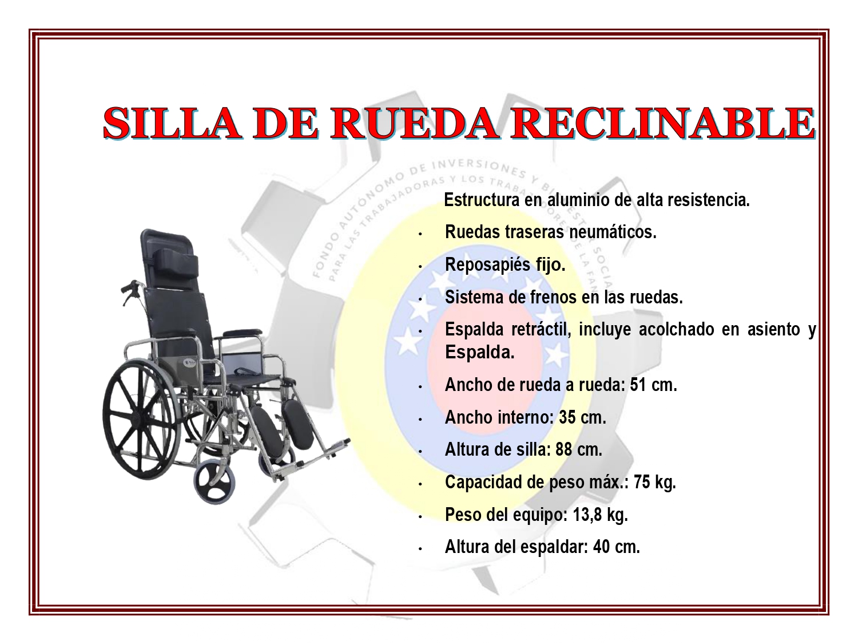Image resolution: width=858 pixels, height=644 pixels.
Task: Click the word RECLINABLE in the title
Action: tap(664, 124)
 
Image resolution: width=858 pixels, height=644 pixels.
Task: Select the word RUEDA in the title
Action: tap(415, 124)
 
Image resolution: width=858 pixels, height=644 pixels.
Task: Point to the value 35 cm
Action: tap(582, 417)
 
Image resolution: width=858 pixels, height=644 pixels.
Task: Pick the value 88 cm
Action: tap(578, 449)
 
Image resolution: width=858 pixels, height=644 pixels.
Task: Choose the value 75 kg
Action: tap(655, 482)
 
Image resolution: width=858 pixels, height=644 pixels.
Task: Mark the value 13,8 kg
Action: tap(601, 515)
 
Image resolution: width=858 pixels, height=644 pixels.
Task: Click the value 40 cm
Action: tap(617, 547)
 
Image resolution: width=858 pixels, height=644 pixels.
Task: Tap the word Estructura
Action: tap(482, 200)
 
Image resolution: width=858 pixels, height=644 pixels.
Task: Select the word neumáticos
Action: tap(613, 232)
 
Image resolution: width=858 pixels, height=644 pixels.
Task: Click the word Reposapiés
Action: tap(488, 264)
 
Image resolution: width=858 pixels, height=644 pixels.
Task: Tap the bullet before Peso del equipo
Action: tap(420, 517)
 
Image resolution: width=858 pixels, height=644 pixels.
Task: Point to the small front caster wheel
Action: tap(214, 483)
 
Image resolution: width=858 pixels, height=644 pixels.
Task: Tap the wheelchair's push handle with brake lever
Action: tap(131, 291)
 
